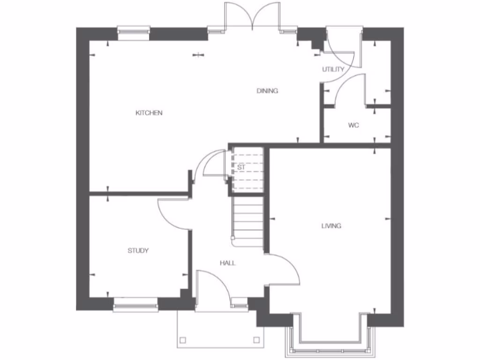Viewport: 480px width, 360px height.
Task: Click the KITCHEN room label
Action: point(149,113)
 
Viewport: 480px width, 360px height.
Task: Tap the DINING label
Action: point(267,91)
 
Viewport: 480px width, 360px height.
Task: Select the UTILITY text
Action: point(333,69)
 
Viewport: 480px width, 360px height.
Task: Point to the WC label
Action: point(353,126)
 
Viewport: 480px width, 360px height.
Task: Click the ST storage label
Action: point(241,167)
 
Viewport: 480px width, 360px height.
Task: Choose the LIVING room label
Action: point(331,226)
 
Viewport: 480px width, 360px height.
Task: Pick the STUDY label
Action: point(138,251)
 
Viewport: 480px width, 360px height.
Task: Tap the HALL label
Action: point(228,263)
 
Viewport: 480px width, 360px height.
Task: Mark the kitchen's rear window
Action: point(134,32)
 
